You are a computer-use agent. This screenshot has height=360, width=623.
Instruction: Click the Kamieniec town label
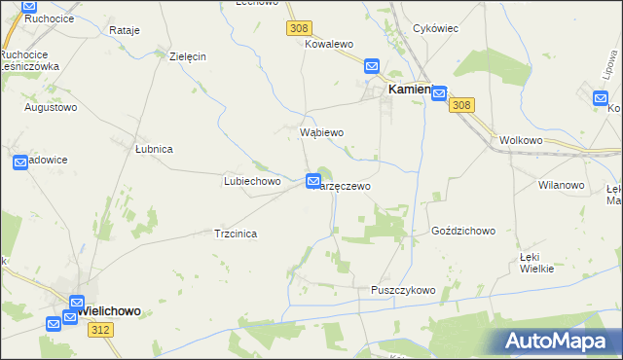(x=410, y=89)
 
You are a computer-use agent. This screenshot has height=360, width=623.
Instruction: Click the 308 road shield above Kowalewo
(x=298, y=29)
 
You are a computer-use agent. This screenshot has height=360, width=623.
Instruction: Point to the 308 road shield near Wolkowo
(x=462, y=106)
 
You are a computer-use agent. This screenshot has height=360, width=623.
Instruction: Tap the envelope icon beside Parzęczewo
(x=313, y=181)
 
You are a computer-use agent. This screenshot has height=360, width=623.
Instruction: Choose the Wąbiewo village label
(x=321, y=131)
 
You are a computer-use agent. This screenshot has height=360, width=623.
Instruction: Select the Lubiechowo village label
(x=252, y=181)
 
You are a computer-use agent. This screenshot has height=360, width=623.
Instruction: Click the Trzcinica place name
(x=235, y=234)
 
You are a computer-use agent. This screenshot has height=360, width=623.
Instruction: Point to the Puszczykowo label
(x=403, y=290)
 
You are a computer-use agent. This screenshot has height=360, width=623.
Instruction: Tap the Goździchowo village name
(x=463, y=232)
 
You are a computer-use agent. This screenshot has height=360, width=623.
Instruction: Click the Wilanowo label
(x=561, y=184)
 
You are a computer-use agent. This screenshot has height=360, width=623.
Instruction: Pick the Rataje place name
(x=125, y=30)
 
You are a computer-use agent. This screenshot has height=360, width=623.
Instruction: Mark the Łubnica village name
(x=153, y=149)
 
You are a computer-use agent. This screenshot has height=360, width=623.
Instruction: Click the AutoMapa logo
(x=560, y=341)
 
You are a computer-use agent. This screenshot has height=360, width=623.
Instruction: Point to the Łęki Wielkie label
(x=536, y=261)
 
